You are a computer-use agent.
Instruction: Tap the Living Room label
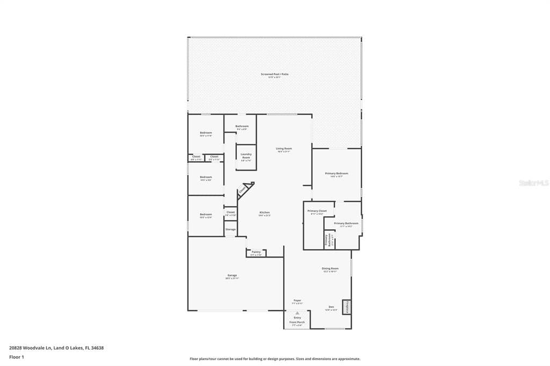[284, 150]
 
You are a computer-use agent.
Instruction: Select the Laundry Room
[246, 157]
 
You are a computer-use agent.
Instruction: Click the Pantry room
[256, 253]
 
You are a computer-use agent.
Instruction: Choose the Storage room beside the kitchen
[230, 229]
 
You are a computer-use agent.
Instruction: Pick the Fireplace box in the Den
[347, 307]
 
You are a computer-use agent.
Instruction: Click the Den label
[331, 308]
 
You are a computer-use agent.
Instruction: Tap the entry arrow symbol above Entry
[297, 312]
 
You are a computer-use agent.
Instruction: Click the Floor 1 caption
[17, 357]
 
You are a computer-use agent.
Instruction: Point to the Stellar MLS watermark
[533, 183]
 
